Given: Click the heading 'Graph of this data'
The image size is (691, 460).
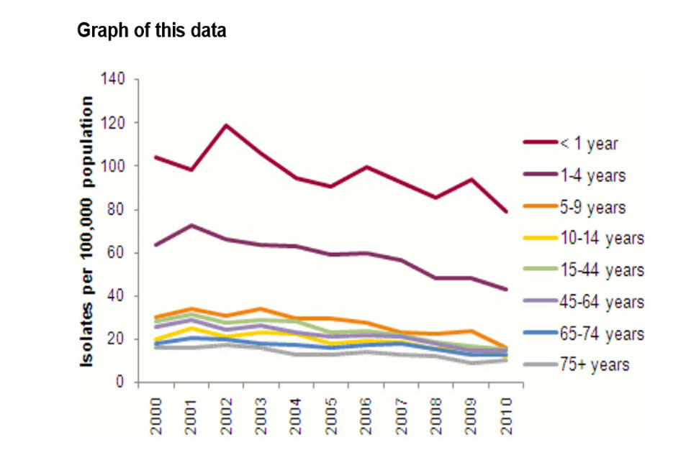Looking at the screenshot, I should click(x=151, y=32).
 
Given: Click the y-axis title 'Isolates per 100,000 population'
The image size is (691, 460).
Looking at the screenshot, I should click(x=87, y=231).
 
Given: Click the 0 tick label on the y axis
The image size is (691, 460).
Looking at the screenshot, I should click(x=123, y=382).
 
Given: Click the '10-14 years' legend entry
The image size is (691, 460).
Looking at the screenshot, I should click(x=601, y=238).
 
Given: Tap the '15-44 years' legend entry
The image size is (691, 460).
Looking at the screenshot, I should click(x=601, y=270).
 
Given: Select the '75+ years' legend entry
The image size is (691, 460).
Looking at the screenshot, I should click(x=594, y=364).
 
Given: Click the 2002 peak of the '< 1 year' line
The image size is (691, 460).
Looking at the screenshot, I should click(x=226, y=126).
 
